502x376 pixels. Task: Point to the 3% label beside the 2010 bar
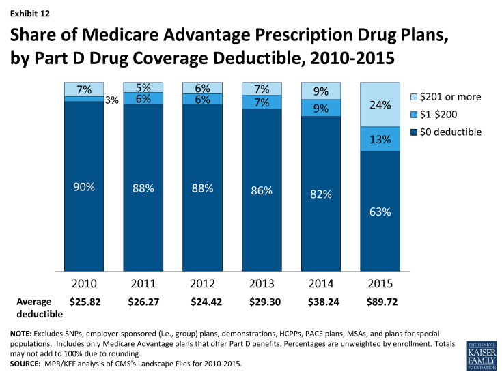[x=110, y=100]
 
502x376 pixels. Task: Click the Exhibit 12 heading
[x=28, y=12]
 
